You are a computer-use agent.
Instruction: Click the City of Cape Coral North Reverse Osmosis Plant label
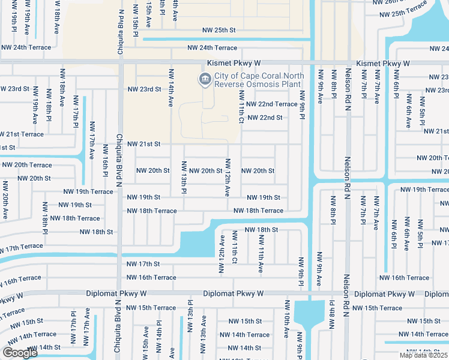tap(258, 80)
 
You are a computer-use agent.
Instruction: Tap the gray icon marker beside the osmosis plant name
tap(205, 79)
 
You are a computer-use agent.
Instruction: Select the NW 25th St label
tap(219, 29)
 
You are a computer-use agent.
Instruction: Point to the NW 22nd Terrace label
tap(272, 104)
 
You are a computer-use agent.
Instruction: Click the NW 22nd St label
tap(265, 117)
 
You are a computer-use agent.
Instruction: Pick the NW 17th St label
tap(143, 264)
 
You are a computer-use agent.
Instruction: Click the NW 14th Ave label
tap(171, 87)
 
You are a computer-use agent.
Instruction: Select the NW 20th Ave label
tap(5, 197)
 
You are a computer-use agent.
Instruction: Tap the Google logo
tap(19, 353)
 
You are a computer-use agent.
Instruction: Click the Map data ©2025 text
tap(423, 355)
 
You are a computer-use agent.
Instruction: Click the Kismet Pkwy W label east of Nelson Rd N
tap(382, 63)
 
